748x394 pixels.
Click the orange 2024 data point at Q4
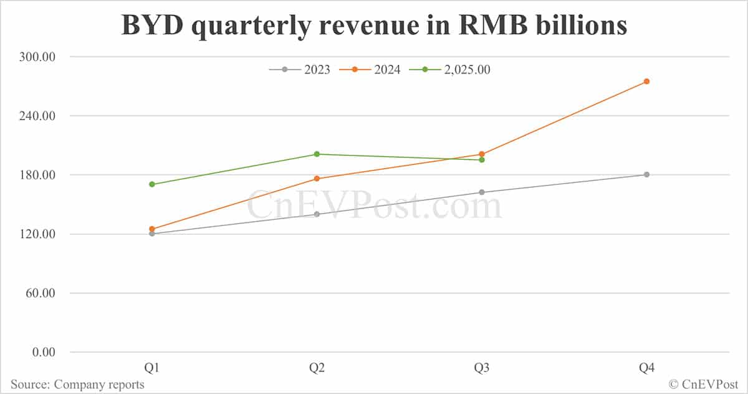646,81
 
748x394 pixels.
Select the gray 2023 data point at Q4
646,174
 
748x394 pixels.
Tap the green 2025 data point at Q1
152,184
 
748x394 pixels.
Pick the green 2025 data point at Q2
317,154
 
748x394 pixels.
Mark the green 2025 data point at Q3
481,160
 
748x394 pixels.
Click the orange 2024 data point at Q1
152,229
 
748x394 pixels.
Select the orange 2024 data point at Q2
317,179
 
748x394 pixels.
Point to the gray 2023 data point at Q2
317,214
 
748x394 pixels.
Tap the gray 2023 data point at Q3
481,192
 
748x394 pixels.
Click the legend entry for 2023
300,70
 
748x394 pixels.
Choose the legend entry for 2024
370,70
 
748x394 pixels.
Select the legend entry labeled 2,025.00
449,70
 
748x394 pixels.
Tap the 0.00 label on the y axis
44,352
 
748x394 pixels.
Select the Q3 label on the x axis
481,368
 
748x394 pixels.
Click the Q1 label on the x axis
152,368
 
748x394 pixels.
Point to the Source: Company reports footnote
77,384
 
